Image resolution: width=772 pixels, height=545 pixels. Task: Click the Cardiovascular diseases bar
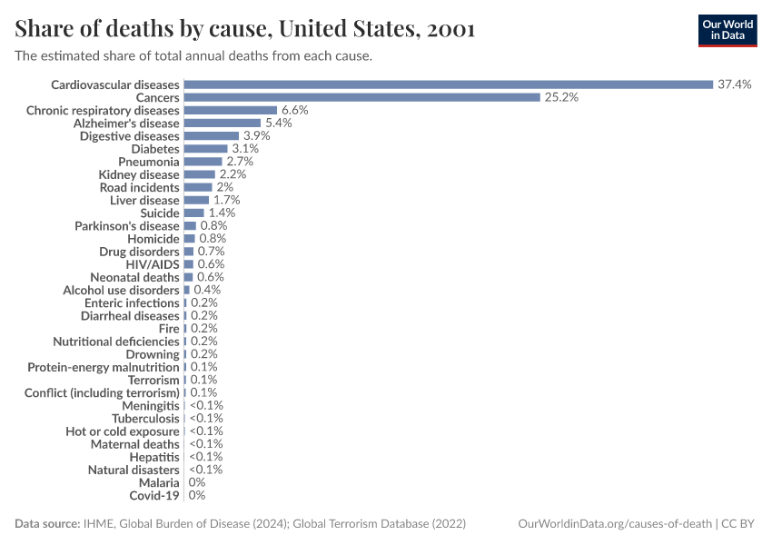[448, 84]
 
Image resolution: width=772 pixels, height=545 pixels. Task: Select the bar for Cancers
[361, 97]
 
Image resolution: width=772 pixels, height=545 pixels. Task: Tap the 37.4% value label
[734, 84]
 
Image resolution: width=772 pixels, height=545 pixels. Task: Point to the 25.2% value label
[560, 97]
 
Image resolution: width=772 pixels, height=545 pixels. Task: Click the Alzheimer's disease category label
[126, 123]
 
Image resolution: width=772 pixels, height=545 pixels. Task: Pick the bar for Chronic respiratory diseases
[230, 110]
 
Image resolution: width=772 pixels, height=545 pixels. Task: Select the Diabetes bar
[205, 148]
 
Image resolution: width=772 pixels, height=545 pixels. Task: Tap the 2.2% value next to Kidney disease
[233, 174]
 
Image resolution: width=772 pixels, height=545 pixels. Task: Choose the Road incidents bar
[198, 187]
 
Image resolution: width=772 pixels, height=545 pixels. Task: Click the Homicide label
[153, 238]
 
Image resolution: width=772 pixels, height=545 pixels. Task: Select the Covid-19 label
[154, 496]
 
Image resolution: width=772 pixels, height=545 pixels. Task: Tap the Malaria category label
[159, 483]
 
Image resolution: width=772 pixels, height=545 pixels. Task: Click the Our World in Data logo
[727, 29]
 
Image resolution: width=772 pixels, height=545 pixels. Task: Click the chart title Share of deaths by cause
[244, 29]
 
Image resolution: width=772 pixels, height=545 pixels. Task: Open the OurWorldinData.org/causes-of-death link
[613, 524]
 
